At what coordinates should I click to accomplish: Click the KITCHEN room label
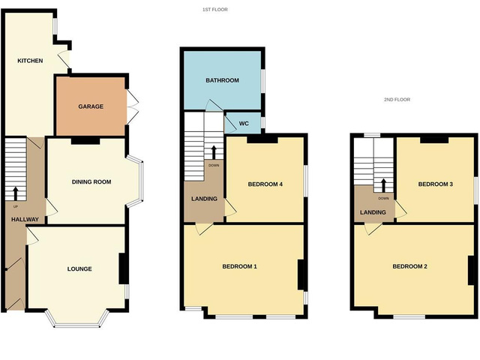pos(31,61)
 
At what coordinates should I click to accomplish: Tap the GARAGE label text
pos(91,106)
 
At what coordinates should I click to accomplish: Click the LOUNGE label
pos(79,268)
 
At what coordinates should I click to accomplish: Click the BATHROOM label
pos(222,80)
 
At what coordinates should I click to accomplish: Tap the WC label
pos(244,123)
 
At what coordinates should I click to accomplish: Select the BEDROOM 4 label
pos(264,184)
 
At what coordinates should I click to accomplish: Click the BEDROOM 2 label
pos(409,266)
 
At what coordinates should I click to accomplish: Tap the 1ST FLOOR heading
pos(215,10)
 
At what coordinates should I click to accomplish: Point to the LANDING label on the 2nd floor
pos(373,212)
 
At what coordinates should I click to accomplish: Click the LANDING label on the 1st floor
pos(204,199)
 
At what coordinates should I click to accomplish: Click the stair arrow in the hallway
pos(16,191)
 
